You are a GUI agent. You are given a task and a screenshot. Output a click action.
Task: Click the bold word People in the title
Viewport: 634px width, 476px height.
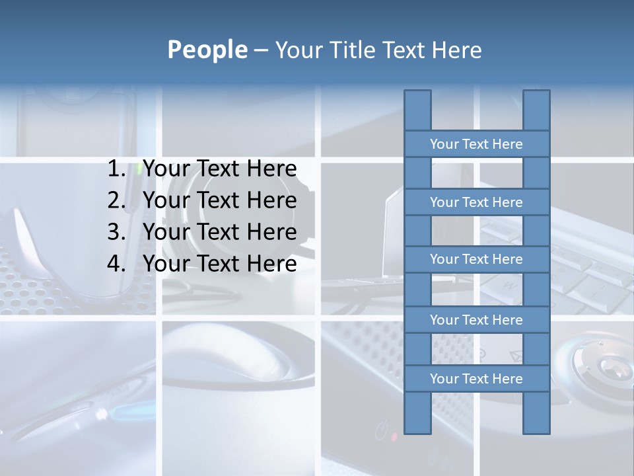pos(207,50)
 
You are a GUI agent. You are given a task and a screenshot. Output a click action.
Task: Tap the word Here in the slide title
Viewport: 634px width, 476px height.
pos(456,50)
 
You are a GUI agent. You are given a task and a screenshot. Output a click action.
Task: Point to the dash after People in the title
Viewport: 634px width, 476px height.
pos(260,50)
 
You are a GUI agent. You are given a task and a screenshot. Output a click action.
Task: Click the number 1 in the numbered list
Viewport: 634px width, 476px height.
pos(116,169)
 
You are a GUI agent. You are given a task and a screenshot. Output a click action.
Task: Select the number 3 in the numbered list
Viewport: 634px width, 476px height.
pos(116,232)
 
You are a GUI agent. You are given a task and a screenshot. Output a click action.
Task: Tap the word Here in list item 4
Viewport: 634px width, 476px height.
pos(271,264)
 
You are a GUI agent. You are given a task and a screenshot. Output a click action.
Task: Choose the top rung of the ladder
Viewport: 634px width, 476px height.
pos(477,143)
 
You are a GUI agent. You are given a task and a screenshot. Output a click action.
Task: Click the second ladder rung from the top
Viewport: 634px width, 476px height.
pos(477,202)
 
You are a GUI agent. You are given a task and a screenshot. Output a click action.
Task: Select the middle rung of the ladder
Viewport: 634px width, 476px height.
pos(477,259)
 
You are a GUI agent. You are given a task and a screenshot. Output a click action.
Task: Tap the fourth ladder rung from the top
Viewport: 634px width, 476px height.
pos(477,319)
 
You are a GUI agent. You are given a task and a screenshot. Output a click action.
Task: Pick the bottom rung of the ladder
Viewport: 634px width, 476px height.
pos(477,378)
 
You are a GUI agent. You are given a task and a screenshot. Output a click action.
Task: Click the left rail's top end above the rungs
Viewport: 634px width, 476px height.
pos(417,110)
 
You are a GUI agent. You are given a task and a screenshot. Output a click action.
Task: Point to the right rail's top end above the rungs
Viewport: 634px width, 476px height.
pos(536,110)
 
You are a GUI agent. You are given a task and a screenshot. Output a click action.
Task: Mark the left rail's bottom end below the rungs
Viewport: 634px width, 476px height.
pos(417,413)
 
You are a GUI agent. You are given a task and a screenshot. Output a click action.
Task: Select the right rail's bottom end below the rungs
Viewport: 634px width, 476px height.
pos(536,413)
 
